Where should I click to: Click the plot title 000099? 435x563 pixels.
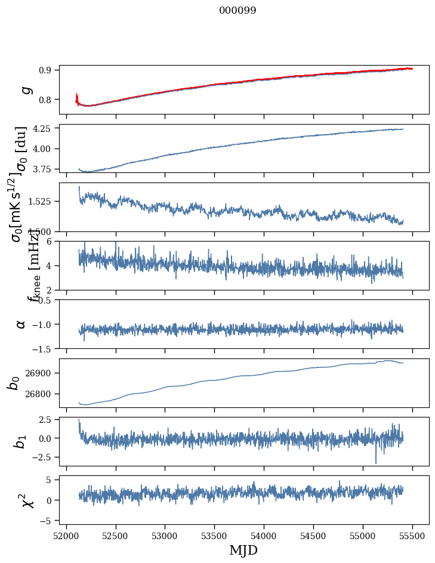click(237, 11)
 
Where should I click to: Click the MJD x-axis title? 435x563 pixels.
click(243, 550)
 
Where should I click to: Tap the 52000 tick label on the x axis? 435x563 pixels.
click(66, 534)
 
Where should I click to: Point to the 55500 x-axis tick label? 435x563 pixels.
click(413, 534)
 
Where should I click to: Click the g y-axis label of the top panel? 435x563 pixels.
click(26, 89)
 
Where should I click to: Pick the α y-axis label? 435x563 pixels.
click(21, 324)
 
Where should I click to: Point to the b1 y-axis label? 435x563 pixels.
click(21, 441)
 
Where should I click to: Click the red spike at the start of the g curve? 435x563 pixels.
click(76, 97)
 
